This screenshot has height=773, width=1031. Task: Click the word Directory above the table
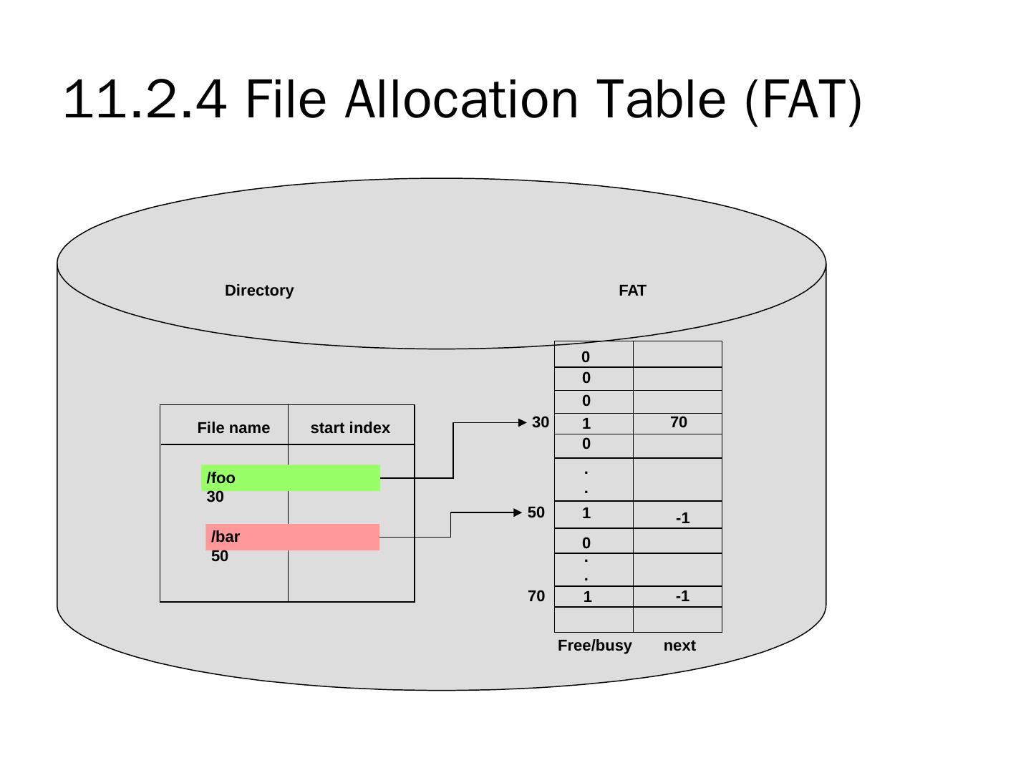[259, 291]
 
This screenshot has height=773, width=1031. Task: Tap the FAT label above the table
[632, 291]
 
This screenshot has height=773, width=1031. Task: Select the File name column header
[233, 428]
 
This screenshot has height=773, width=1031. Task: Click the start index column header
[350, 428]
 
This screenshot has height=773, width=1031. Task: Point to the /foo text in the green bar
[221, 478]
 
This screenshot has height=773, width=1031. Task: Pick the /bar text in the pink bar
[226, 537]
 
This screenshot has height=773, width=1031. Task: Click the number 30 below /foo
[216, 497]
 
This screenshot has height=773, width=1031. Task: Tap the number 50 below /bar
[220, 556]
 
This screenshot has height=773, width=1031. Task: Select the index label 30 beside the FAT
[541, 422]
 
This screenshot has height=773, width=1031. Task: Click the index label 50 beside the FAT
[536, 512]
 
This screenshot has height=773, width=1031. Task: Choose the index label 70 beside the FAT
[536, 596]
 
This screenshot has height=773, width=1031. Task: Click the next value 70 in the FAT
[679, 422]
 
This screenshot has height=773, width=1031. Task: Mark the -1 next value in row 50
[683, 518]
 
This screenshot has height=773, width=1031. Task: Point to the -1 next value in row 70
[682, 596]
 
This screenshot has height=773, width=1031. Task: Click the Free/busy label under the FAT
[594, 646]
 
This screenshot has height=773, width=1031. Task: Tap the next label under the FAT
[679, 646]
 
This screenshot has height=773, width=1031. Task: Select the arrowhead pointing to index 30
[523, 422]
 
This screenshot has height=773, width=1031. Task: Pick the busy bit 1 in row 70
[587, 597]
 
